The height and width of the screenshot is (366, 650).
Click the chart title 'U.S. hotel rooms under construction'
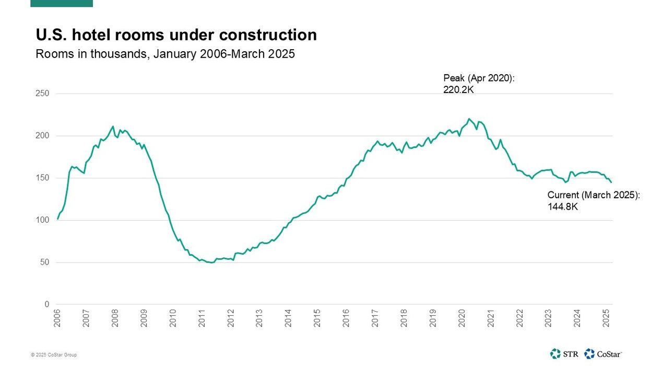[176, 35]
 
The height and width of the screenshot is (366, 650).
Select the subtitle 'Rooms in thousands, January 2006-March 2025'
[165, 54]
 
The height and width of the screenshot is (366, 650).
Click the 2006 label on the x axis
[57, 318]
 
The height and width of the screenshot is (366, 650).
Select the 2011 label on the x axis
[202, 318]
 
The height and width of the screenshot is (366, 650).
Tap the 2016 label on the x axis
[346, 318]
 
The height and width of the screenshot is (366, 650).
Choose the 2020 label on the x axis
[462, 318]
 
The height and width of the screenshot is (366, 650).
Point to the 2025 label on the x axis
[606, 318]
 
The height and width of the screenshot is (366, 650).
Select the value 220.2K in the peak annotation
[458, 89]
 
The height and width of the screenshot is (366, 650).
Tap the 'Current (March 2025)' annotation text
[593, 195]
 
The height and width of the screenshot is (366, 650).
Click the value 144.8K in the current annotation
[562, 207]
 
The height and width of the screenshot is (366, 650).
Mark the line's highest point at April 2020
[469, 119]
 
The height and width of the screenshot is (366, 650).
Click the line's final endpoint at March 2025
[611, 182]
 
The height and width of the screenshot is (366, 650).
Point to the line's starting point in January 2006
[57, 219]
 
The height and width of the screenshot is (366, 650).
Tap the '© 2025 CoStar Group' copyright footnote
[54, 355]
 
